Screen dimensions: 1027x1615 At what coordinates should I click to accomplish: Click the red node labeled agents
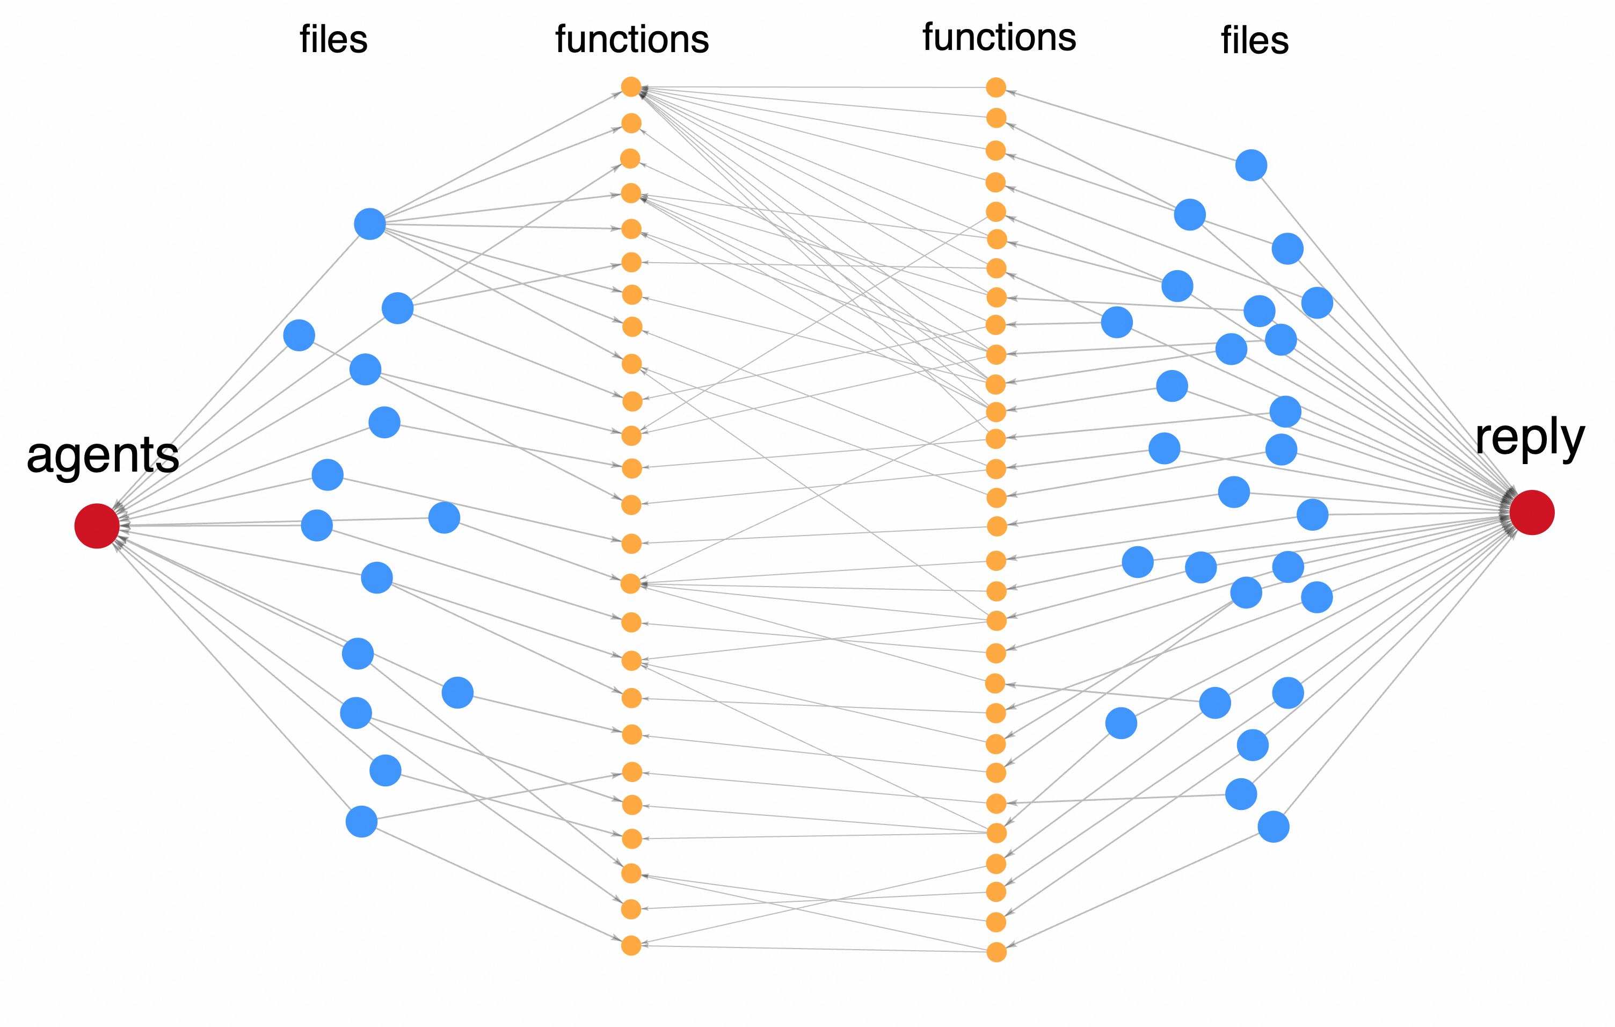point(97,526)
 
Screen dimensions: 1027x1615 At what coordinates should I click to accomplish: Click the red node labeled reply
point(1532,512)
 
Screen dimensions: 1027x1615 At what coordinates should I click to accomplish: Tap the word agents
point(103,455)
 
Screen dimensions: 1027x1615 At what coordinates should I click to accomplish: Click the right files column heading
point(1254,40)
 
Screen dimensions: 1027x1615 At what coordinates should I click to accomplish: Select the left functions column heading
point(632,39)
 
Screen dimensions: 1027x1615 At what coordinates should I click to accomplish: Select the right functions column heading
point(999,37)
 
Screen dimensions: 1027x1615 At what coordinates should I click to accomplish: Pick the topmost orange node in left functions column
point(631,86)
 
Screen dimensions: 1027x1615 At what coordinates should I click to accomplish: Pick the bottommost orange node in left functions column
point(631,946)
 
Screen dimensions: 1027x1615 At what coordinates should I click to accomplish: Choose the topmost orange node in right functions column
point(996,87)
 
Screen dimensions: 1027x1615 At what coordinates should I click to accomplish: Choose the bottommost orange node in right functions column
point(996,952)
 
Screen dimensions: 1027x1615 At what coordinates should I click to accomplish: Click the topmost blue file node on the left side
point(369,223)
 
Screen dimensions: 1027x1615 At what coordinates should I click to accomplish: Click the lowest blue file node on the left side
point(361,822)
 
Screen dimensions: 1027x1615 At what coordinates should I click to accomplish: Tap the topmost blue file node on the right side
point(1251,165)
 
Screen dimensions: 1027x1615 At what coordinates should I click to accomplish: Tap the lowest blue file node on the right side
point(1273,827)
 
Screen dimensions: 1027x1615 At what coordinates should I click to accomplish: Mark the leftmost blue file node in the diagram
point(299,335)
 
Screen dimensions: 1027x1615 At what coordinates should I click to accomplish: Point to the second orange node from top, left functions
point(631,124)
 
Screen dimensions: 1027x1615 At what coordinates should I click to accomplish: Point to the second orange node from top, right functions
point(996,118)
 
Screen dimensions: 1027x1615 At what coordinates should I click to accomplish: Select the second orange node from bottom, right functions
point(996,922)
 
